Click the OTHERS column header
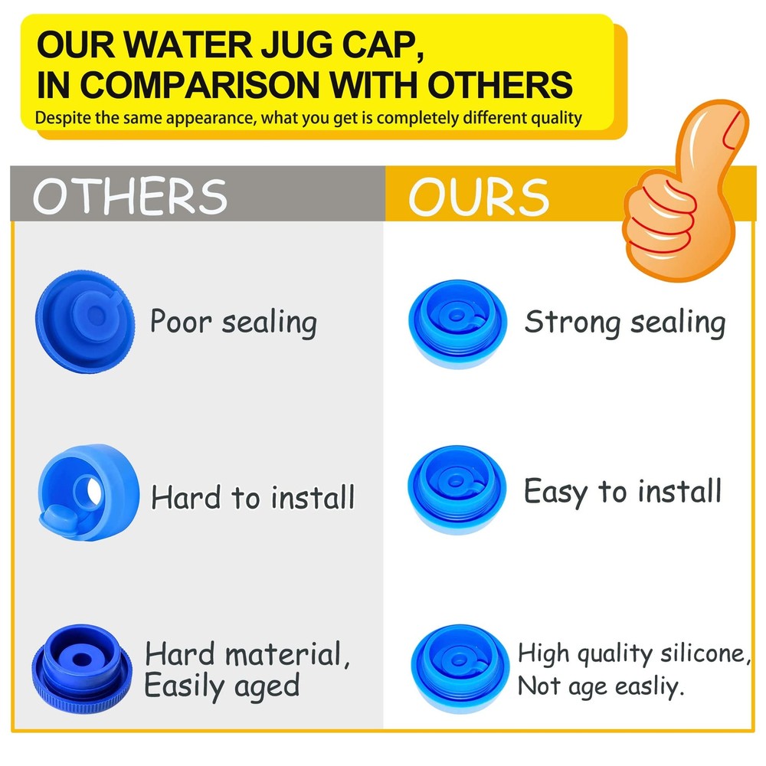click(x=130, y=195)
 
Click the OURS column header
click(x=478, y=197)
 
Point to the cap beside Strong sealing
click(x=457, y=322)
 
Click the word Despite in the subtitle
click(x=64, y=118)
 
